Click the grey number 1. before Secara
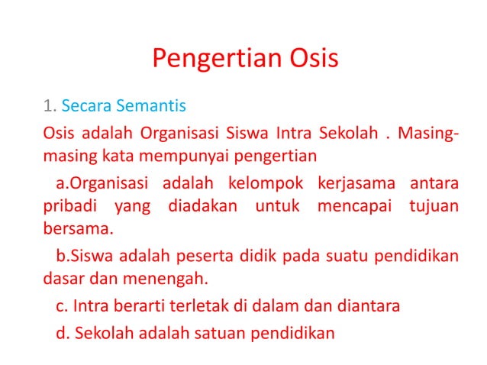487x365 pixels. coord(49,103)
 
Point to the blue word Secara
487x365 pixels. coord(84,103)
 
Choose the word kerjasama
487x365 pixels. coord(356,183)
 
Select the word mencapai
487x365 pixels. coord(346,206)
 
